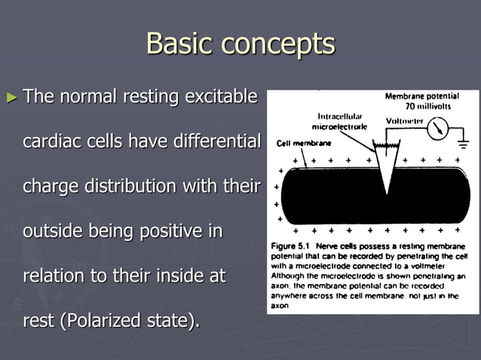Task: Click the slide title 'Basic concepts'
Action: click(240, 43)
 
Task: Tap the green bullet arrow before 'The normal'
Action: click(11, 97)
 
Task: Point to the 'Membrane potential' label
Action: click(426, 97)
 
